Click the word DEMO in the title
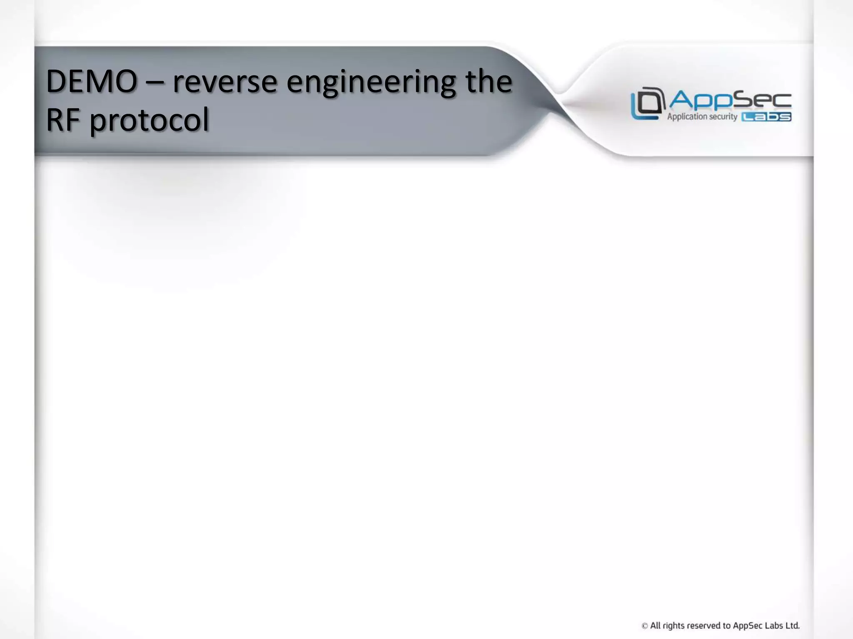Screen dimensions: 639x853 (x=92, y=82)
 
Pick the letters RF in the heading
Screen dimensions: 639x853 (x=62, y=120)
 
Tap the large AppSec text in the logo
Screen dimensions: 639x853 (x=730, y=100)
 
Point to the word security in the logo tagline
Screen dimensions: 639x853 (x=723, y=117)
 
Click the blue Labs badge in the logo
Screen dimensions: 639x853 (x=766, y=117)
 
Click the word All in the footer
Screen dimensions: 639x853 (x=655, y=625)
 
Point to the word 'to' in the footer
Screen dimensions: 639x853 (x=727, y=625)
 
